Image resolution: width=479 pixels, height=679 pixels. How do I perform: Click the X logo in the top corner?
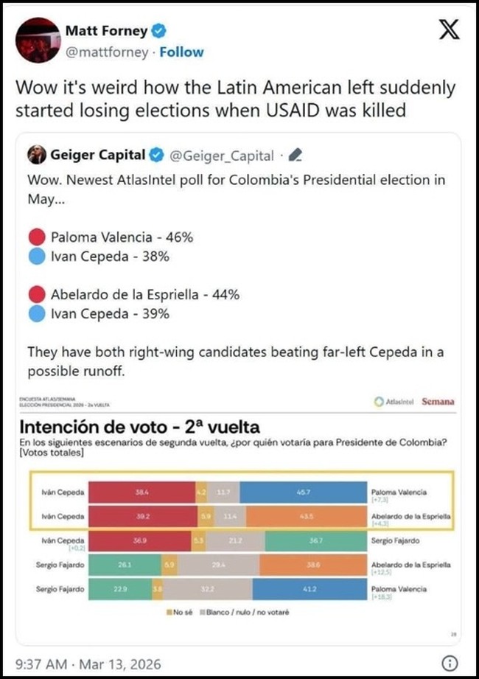coord(448,30)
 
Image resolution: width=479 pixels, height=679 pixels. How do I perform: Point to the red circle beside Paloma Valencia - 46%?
coord(37,237)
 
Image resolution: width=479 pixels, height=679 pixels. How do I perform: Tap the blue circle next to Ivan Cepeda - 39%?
coord(37,313)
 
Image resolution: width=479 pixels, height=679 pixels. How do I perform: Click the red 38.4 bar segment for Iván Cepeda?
coord(139,490)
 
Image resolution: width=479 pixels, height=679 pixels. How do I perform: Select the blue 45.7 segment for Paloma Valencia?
coord(304,490)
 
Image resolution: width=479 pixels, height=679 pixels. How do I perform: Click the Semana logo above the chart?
coord(438,402)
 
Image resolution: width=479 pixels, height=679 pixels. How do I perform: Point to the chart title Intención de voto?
coord(139,427)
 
